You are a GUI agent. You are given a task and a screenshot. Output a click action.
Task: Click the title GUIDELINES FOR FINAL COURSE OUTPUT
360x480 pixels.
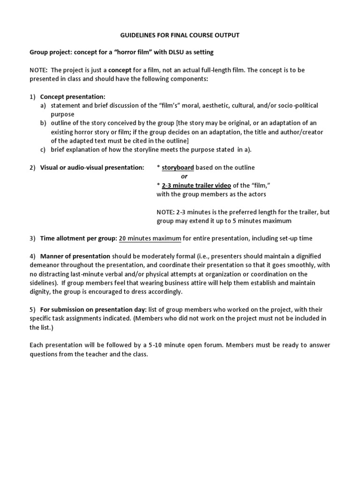[x=180, y=35]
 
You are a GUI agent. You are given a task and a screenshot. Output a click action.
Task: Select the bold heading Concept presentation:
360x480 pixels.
[x=73, y=97]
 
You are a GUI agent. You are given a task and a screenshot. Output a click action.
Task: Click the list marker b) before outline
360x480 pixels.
[x=43, y=123]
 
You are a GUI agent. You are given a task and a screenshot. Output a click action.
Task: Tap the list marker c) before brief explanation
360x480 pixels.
[x=43, y=150]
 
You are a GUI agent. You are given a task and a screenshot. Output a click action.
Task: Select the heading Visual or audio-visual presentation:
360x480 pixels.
[x=92, y=167]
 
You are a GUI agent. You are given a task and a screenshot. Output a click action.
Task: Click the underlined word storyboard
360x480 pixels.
[x=178, y=167]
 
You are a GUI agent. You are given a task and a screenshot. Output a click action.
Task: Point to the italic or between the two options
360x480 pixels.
[x=184, y=176]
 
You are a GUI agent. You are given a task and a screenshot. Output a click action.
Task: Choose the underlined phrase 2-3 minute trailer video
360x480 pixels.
[x=196, y=185]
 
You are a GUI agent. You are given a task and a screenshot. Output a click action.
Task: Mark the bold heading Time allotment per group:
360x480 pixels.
[x=78, y=238]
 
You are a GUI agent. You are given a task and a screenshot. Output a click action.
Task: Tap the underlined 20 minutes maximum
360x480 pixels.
[x=150, y=238]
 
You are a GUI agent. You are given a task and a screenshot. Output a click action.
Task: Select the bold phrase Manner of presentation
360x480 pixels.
[x=75, y=256]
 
